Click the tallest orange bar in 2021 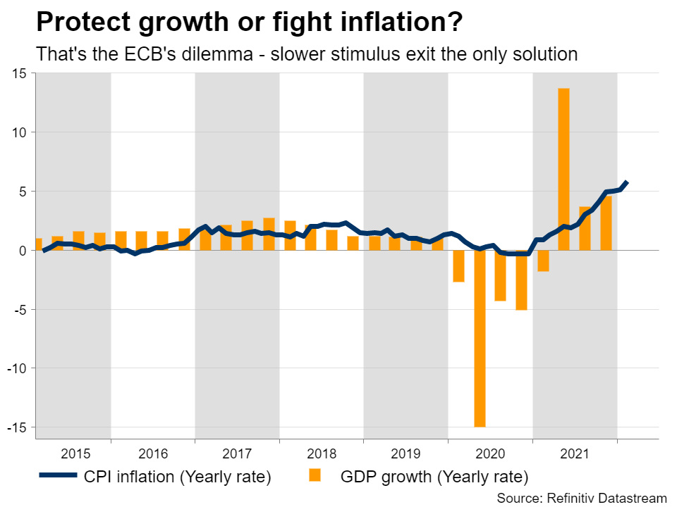563,169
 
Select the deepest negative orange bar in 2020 480,338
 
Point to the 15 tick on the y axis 18,73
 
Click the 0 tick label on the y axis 23,250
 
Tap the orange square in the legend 315,477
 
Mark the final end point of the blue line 627,183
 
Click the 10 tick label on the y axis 18,132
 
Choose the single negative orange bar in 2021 543,261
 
